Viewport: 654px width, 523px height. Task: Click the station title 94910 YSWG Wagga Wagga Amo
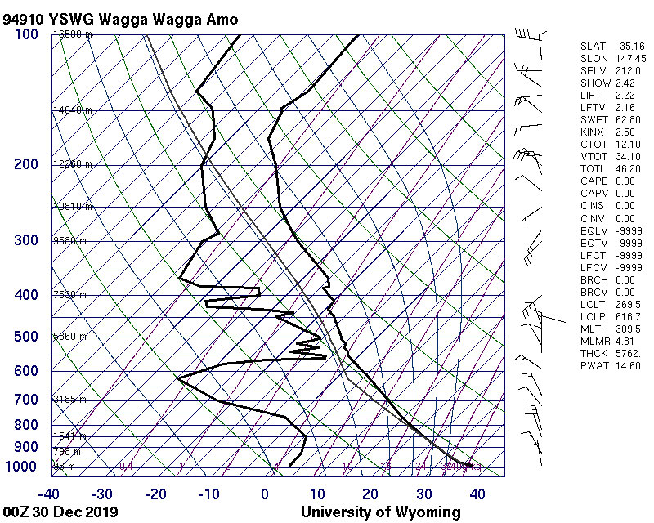coord(121,18)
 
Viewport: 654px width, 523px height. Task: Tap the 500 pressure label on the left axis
coord(26,337)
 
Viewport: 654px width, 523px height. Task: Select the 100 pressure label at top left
coord(26,34)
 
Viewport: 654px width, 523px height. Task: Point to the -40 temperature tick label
coord(50,494)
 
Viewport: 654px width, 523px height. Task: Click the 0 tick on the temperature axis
coord(265,494)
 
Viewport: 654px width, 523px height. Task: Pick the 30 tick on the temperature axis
coord(424,494)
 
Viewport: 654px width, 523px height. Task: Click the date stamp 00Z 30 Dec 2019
coord(60,512)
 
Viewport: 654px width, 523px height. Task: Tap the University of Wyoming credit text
coord(381,512)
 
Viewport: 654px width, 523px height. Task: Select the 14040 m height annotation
coord(73,110)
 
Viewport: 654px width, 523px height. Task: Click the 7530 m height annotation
coord(70,294)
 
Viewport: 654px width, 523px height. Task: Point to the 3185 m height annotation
coord(70,399)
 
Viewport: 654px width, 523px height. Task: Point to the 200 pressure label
coord(26,164)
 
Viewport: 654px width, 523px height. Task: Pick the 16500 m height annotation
coord(73,34)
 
